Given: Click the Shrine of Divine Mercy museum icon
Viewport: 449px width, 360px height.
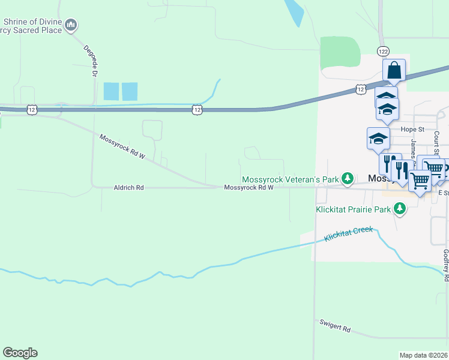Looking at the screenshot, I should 71,25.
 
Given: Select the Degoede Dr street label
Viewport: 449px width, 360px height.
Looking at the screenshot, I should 92,61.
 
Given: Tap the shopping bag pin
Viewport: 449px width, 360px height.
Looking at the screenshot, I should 394,70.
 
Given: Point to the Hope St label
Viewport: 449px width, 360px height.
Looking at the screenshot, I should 412,129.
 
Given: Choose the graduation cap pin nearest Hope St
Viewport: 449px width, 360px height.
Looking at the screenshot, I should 378,139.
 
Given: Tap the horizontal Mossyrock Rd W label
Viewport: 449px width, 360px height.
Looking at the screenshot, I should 249,188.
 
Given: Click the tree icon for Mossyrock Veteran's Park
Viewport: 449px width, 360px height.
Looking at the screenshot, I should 347,178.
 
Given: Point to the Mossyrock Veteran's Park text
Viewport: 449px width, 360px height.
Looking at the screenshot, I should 291,179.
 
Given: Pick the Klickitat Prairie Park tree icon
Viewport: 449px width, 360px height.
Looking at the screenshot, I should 399,209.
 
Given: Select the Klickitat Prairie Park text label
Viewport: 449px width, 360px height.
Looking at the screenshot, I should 353,210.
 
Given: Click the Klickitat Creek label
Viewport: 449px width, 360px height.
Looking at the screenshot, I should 348,234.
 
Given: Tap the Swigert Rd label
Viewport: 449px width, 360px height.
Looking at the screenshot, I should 335,327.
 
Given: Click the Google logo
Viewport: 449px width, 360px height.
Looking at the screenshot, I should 20,353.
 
